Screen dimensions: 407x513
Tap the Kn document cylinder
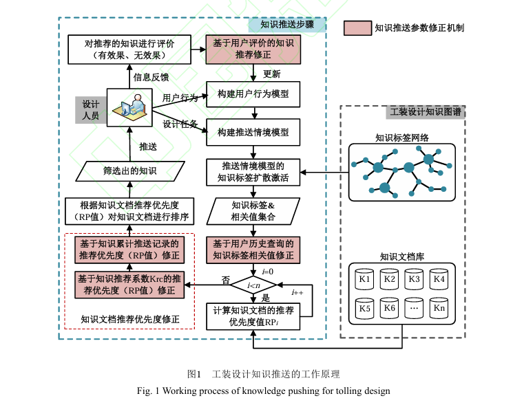coord(439,309)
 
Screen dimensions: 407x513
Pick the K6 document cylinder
coord(390,309)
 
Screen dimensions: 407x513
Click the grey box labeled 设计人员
coord(90,109)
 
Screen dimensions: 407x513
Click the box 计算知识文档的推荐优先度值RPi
coord(253,316)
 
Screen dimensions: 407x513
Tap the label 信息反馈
coord(151,77)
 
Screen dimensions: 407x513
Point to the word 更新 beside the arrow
coord(273,74)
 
